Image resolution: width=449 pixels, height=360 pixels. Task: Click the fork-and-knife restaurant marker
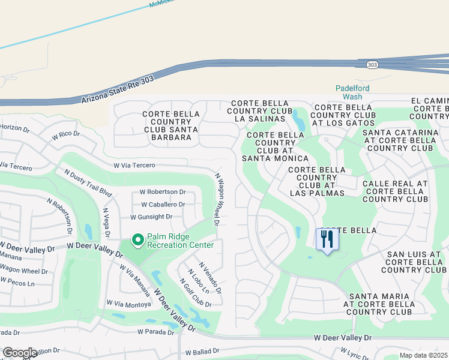click(x=327, y=239)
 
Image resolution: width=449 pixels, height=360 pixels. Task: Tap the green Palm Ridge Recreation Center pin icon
click(x=137, y=241)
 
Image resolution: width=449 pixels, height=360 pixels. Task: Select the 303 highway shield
click(x=373, y=65)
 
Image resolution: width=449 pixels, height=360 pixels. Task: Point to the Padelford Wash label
click(x=352, y=92)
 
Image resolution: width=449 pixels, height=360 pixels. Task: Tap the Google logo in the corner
click(x=20, y=353)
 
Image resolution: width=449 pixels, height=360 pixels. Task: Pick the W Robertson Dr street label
click(x=163, y=192)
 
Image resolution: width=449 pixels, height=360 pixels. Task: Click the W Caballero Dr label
click(x=163, y=205)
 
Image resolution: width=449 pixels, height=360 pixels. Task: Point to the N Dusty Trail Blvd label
click(x=88, y=182)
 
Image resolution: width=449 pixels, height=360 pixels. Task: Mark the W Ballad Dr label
click(x=205, y=353)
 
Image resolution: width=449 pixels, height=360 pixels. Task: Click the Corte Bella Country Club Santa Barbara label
click(x=167, y=125)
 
